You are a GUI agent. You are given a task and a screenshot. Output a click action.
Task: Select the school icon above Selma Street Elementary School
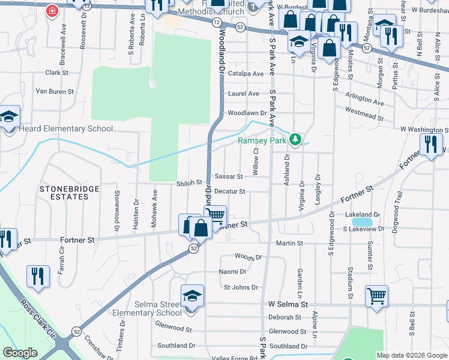pos(192,297)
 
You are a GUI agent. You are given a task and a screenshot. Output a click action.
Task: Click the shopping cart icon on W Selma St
pos(376,295)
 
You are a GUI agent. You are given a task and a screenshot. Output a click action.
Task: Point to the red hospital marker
pos(52,11)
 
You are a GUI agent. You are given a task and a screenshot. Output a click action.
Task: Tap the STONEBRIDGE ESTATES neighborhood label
pos(67,193)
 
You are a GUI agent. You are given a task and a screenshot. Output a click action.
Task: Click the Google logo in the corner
pos(20,353)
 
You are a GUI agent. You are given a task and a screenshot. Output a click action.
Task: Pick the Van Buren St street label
pos(55,92)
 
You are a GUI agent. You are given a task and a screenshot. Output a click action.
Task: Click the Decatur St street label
pos(230,191)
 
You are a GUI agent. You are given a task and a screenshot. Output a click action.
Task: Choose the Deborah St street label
pos(285,317)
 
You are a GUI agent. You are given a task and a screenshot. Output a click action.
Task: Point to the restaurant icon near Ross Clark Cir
pos(38,276)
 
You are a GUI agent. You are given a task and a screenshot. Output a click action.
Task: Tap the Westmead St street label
pos(366,110)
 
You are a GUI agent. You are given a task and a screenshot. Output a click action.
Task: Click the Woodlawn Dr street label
pos(247,113)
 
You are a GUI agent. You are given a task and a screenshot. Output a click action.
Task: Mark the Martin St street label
pos(289,243)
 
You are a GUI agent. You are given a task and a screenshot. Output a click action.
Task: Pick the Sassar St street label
pos(229,177)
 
